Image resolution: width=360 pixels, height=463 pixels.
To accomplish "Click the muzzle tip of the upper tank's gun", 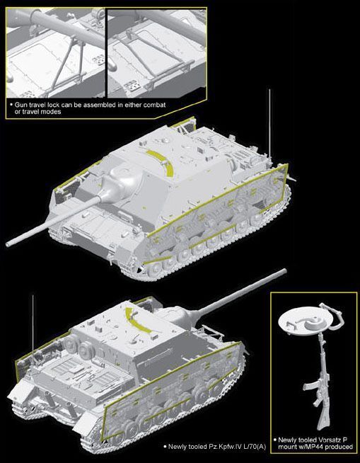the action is pyautogui.click(x=8, y=244).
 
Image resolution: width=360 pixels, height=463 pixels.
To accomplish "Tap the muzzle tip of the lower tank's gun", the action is pyautogui.click(x=284, y=270).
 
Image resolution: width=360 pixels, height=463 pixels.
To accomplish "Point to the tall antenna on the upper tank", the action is pyautogui.click(x=269, y=125).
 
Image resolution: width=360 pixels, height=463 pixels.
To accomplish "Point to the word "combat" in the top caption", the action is pyautogui.click(x=154, y=105).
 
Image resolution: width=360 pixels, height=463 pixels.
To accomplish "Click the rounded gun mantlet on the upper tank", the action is pyautogui.click(x=122, y=183).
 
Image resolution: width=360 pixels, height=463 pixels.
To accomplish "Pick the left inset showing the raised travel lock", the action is pyautogui.click(x=55, y=52).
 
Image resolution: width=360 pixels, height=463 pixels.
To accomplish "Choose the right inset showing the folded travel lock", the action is pyautogui.click(x=157, y=52).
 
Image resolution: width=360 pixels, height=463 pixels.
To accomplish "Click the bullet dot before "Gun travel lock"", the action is pyautogui.click(x=11, y=105).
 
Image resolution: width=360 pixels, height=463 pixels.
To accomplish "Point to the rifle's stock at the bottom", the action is pyautogui.click(x=322, y=419).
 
